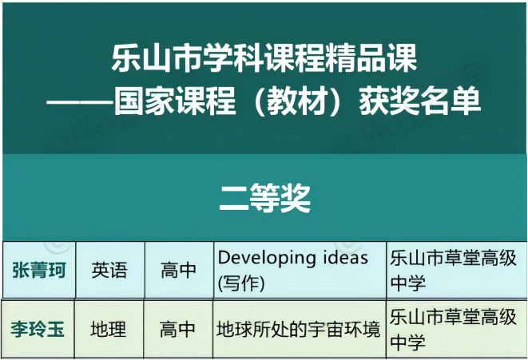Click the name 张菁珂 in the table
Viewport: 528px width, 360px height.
[x=38, y=270]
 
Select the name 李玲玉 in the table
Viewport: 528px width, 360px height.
[x=38, y=329]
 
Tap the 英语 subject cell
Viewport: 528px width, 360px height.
[x=109, y=270]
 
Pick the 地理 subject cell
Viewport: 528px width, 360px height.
[x=109, y=329]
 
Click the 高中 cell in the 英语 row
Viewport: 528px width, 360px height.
[x=178, y=270]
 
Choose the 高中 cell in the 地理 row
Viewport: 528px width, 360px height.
[x=177, y=329]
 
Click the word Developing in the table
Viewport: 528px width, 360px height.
[x=267, y=259]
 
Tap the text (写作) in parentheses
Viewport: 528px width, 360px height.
[x=241, y=283]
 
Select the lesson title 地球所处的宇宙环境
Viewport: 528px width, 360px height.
[x=298, y=329]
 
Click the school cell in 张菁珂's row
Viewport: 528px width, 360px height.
[x=453, y=271]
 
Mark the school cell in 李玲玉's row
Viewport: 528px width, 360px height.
[x=453, y=329]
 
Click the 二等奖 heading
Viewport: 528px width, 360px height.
[x=264, y=198]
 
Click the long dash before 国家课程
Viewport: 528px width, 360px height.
[x=80, y=101]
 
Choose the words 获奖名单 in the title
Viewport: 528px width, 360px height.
[x=420, y=101]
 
